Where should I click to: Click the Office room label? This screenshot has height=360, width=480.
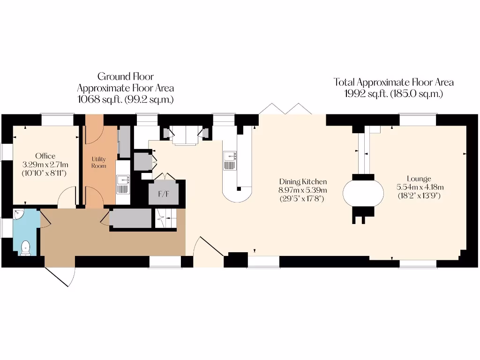[x=45, y=156]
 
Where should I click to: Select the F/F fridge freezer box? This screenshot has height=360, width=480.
[x=164, y=193]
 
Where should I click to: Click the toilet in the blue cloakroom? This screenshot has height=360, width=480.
[x=26, y=247]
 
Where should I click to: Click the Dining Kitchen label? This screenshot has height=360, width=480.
[x=303, y=182]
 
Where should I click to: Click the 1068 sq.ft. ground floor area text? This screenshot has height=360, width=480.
[x=125, y=99]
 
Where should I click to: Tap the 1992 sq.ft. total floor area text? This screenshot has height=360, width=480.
[x=394, y=93]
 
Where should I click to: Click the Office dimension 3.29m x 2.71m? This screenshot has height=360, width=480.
[x=45, y=165]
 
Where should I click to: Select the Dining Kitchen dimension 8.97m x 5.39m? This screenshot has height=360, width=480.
[x=303, y=190]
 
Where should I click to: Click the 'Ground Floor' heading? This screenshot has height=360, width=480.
[x=125, y=76]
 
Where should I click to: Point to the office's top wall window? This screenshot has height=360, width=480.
[x=57, y=120]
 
